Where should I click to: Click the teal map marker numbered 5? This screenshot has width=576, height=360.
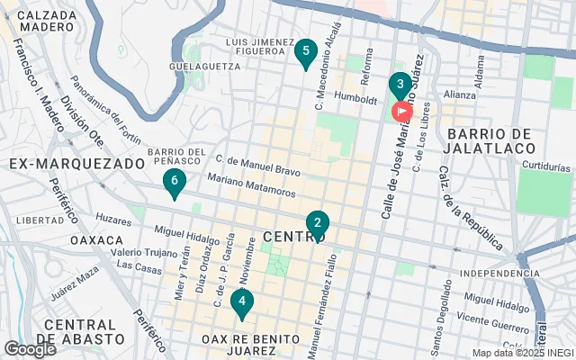[x=305, y=52]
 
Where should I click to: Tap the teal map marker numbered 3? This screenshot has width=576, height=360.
[x=400, y=85]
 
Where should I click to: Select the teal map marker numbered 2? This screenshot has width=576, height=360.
[x=317, y=223]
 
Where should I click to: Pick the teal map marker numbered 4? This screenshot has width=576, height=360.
[x=240, y=302]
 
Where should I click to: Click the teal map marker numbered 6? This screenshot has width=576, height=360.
[x=175, y=183]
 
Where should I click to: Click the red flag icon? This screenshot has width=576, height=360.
[x=400, y=112]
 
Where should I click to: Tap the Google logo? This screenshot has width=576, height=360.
[x=30, y=348]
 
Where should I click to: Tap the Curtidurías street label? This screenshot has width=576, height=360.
[x=546, y=166]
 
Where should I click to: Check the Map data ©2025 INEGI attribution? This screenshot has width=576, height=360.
[x=522, y=353]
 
